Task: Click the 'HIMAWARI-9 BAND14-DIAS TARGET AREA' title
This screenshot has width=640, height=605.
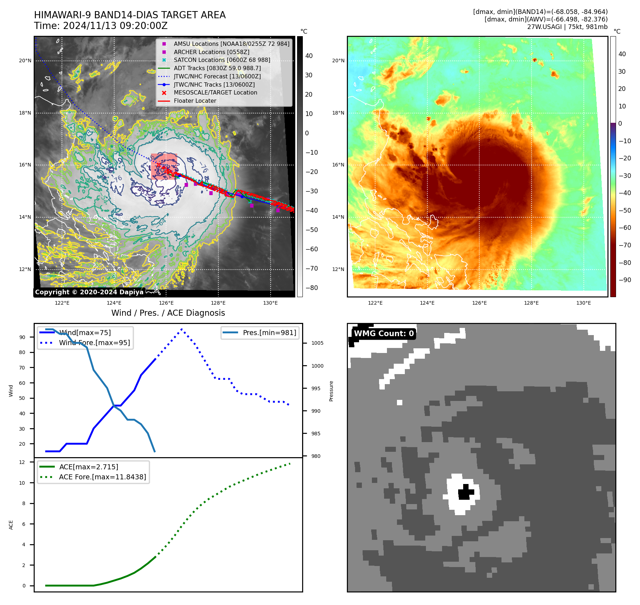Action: point(130,15)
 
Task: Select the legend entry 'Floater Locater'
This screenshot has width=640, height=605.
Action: point(195,101)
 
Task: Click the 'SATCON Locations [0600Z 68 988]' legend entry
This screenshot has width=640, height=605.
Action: point(222,60)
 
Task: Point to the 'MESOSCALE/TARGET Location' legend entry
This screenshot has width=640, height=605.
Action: point(215,93)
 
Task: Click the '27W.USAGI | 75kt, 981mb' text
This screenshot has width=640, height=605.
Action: point(567,27)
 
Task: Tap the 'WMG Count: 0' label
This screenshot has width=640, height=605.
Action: point(384,334)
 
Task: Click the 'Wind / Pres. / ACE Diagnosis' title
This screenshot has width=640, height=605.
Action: point(168,313)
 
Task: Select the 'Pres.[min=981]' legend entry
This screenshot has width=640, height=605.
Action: point(269,333)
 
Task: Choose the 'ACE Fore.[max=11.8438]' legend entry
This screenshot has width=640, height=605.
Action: point(102,477)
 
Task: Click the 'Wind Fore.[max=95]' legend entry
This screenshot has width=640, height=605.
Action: point(94,343)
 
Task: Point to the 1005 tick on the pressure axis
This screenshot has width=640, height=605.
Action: point(317,343)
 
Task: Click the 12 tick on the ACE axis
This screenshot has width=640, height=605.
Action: point(22,462)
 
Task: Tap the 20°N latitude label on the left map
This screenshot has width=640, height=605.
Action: point(25,61)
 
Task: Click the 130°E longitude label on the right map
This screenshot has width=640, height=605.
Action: point(583,303)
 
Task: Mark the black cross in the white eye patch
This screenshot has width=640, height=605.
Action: point(465,492)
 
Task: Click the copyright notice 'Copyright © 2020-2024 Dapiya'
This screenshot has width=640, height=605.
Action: point(89,292)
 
